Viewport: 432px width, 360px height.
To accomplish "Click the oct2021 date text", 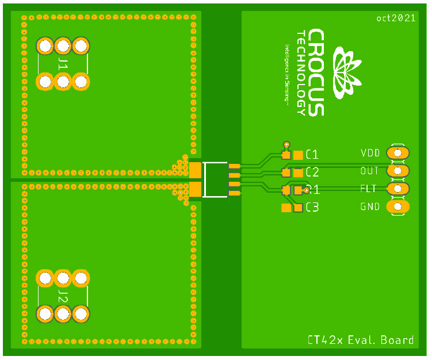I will pyautogui.click(x=396, y=18).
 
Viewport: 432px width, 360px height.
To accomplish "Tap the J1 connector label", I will pyautogui.click(x=63, y=64).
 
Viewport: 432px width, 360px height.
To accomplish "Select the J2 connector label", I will pyautogui.click(x=63, y=296).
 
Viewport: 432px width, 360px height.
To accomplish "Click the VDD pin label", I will pyautogui.click(x=370, y=153).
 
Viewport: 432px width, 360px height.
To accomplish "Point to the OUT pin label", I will pyautogui.click(x=370, y=171).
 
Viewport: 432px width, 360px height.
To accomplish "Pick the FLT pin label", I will pyautogui.click(x=369, y=189).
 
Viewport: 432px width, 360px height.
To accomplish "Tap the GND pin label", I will pyautogui.click(x=370, y=206).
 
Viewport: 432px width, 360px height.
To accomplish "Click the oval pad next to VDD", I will pyautogui.click(x=397, y=153).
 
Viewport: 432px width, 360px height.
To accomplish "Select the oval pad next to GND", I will pyautogui.click(x=397, y=206).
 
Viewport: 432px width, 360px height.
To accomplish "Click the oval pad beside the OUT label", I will pyautogui.click(x=397, y=171).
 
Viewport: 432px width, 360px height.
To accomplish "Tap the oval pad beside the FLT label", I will pyautogui.click(x=397, y=189).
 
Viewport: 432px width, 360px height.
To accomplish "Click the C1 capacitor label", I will pyautogui.click(x=312, y=155).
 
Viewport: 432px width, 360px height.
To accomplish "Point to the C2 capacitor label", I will pyautogui.click(x=312, y=172).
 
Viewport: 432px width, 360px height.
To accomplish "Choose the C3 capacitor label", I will pyautogui.click(x=312, y=208).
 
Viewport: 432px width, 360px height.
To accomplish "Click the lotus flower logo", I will pyautogui.click(x=347, y=72).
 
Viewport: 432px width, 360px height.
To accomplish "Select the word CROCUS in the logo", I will pyautogui.click(x=316, y=72).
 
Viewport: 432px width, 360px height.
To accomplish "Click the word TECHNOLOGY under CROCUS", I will pyautogui.click(x=300, y=72).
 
